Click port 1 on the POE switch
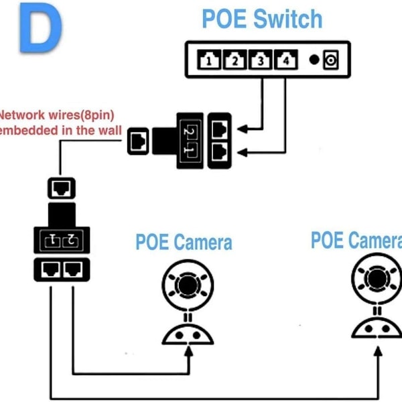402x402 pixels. pyautogui.click(x=210, y=61)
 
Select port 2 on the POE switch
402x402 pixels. pyautogui.click(x=234, y=61)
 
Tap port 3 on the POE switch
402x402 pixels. pyautogui.click(x=260, y=61)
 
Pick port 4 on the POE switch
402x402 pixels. pyautogui.click(x=285, y=61)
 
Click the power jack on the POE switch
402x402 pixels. pyautogui.click(x=330, y=61)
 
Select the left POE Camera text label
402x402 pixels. pyautogui.click(x=184, y=242)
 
